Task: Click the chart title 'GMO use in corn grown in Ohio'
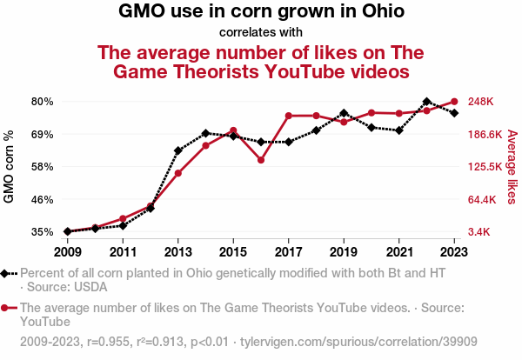pos(261,12)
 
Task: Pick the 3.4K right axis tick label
pos(481,232)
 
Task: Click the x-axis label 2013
pos(177,251)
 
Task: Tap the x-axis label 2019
pos(344,251)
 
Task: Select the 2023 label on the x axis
pos(454,251)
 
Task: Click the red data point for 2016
pos(261,160)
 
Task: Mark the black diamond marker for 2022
pos(426,102)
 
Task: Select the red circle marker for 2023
pos(454,102)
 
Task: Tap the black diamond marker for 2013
pos(177,150)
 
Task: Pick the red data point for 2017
pos(288,116)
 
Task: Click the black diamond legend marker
pos(6,273)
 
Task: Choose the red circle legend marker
pos(6,308)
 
